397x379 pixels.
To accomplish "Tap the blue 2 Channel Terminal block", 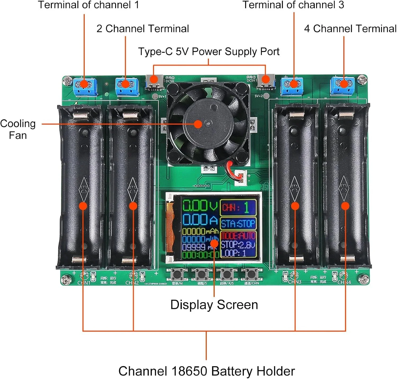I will [x=127, y=86].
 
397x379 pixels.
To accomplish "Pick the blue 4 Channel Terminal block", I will [x=342, y=86].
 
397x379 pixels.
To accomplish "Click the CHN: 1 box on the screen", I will [x=238, y=207].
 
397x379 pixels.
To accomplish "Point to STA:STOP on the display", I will [x=238, y=224].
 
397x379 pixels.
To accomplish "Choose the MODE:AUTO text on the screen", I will [x=238, y=235].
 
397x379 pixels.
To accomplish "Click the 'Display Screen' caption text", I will [x=214, y=305].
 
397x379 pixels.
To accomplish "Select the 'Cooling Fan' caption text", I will [x=18, y=129].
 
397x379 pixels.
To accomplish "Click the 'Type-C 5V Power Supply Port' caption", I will [x=209, y=51].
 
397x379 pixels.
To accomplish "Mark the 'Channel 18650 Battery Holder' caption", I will [x=206, y=371].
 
